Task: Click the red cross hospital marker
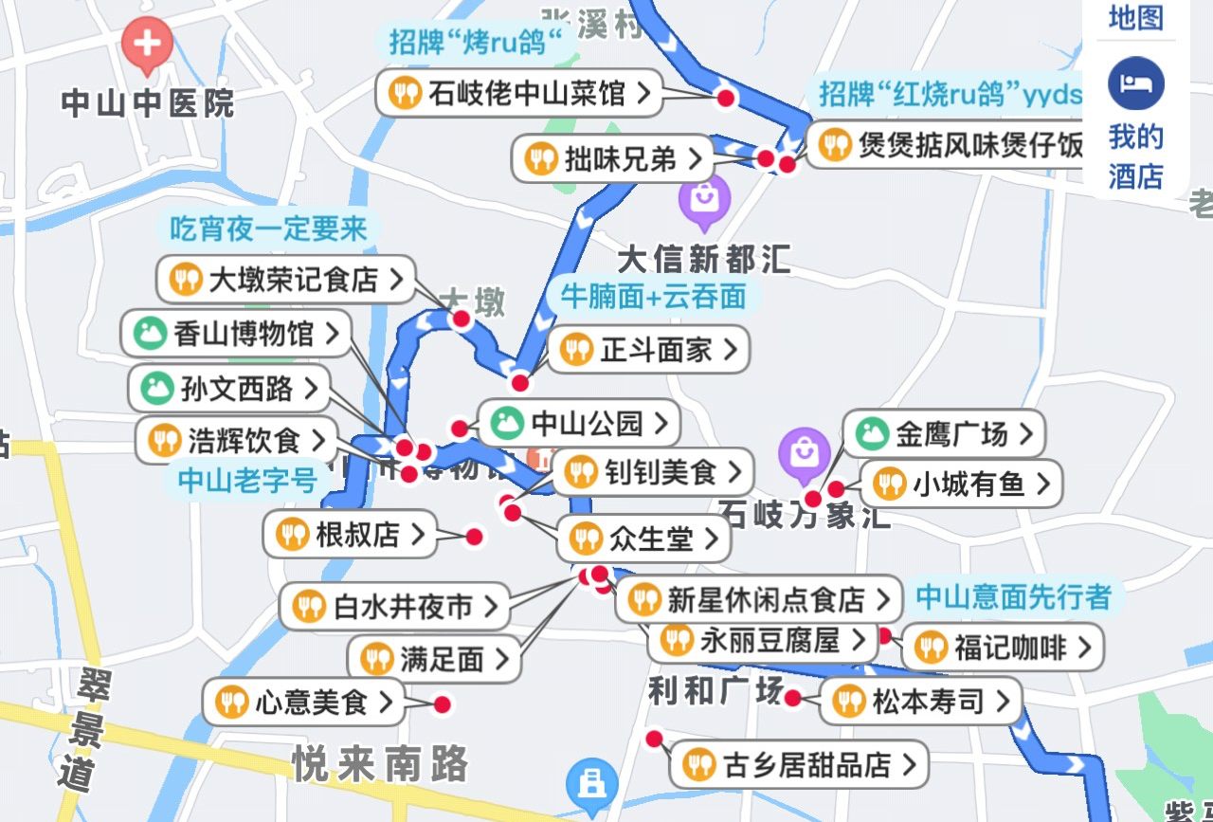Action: pyautogui.click(x=147, y=44)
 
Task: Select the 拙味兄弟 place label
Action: pyautogui.click(x=612, y=158)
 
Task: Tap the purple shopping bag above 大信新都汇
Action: pyautogui.click(x=704, y=201)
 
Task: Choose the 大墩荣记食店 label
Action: pyautogui.click(x=285, y=280)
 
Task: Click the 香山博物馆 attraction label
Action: pyautogui.click(x=236, y=334)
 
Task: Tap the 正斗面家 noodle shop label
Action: pyautogui.click(x=647, y=350)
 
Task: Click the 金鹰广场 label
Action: pyautogui.click(x=943, y=434)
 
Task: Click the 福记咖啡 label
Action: pyautogui.click(x=1002, y=648)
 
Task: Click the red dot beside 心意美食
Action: pyautogui.click(x=442, y=704)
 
